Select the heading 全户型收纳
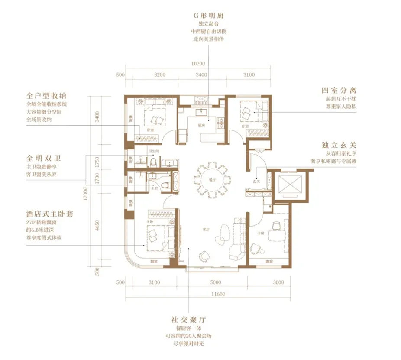[48, 95]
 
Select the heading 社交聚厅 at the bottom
[188, 320]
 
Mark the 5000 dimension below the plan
[215, 282]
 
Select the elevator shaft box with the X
[289, 185]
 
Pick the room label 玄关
[256, 182]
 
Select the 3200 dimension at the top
[160, 75]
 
